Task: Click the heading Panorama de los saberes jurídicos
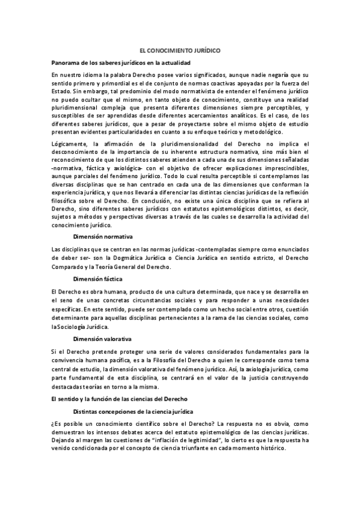click(121, 63)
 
